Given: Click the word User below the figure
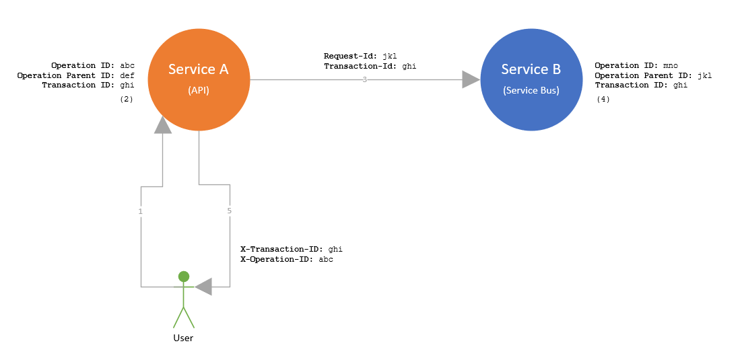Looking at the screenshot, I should click(x=183, y=338).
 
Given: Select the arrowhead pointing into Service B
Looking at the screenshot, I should click(x=470, y=79).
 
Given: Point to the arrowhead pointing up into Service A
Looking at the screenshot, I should click(x=162, y=124).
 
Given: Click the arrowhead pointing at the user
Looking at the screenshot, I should click(x=203, y=287).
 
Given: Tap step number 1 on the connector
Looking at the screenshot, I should click(x=141, y=211).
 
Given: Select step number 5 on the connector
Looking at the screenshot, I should click(x=230, y=211).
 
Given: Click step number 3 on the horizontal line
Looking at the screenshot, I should click(x=364, y=79).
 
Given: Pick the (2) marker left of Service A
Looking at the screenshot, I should click(x=127, y=99).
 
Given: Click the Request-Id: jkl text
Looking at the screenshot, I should click(x=360, y=56).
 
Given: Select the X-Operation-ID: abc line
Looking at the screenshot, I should click(x=287, y=259).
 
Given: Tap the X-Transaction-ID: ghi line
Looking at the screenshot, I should click(x=292, y=249).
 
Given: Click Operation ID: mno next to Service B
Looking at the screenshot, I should click(x=636, y=65).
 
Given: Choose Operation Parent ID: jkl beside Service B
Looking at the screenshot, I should click(x=653, y=75).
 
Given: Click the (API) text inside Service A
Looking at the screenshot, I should click(x=198, y=90).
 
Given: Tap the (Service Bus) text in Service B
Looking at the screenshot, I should click(x=531, y=90).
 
